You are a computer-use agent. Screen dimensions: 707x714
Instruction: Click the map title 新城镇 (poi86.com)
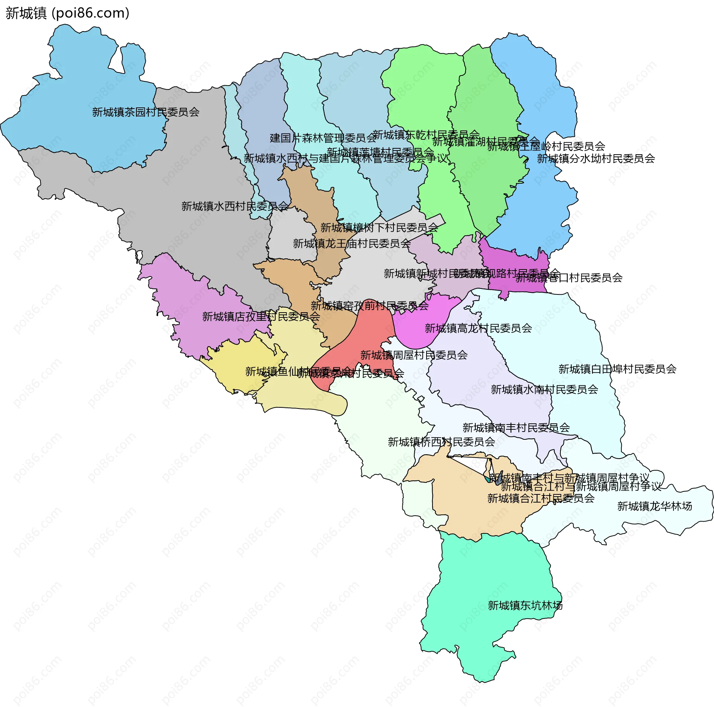(67, 13)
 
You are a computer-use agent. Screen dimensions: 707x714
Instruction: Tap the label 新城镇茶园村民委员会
(145, 112)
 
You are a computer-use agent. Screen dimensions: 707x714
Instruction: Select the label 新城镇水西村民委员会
(235, 206)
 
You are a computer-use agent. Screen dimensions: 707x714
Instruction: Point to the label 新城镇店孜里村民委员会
(261, 316)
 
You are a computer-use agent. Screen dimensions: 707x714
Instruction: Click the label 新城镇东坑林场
(525, 606)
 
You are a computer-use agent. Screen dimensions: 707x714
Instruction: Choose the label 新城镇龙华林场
(654, 506)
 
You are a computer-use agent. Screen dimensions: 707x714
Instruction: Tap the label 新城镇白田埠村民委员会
(617, 369)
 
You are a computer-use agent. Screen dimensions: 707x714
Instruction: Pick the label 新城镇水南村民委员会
(544, 390)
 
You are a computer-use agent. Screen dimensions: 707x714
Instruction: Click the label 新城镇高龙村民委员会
(478, 328)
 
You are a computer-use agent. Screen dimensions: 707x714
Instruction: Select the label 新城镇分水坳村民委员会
(596, 159)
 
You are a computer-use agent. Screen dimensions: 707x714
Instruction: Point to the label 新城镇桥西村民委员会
(441, 442)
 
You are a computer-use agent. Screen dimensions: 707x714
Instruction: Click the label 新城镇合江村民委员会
(541, 498)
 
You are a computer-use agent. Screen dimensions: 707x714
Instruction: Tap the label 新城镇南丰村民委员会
(516, 428)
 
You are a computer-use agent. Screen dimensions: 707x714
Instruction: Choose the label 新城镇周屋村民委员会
(414, 355)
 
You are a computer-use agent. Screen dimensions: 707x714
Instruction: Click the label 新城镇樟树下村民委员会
(379, 227)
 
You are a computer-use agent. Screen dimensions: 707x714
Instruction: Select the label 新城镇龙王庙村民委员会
(352, 243)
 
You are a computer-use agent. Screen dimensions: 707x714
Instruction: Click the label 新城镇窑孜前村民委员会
(370, 306)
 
